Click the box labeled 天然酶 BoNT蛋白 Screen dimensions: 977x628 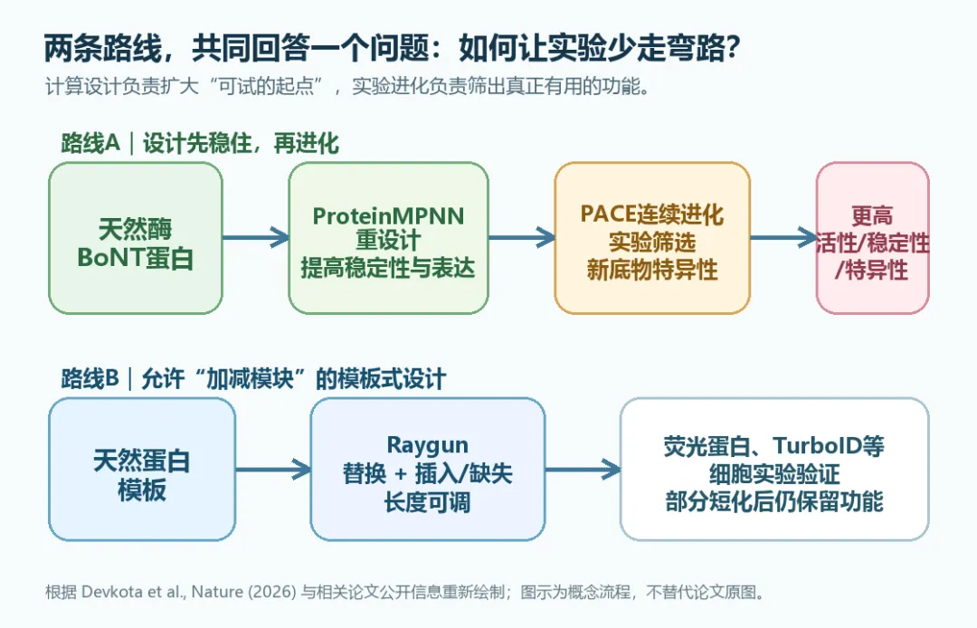[136, 238]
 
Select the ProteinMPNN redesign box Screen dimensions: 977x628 [388, 238]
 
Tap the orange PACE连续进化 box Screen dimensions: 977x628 [652, 238]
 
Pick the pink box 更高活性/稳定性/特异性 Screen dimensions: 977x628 [872, 238]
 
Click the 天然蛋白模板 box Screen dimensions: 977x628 [142, 469]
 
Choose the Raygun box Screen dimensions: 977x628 [427, 469]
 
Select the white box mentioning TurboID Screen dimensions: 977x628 [774, 469]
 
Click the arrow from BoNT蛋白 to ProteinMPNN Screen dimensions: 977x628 [256, 237]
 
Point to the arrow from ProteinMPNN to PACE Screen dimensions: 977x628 [522, 237]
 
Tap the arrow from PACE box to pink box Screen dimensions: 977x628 [783, 237]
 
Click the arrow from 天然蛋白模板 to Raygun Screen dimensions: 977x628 [273, 469]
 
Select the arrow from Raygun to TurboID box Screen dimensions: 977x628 [583, 469]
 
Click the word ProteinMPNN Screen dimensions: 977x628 [388, 216]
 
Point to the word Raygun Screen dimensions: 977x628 [427, 446]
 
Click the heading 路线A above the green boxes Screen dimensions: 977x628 [90, 143]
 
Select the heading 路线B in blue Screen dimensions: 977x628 [90, 378]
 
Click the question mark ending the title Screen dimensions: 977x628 [732, 48]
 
